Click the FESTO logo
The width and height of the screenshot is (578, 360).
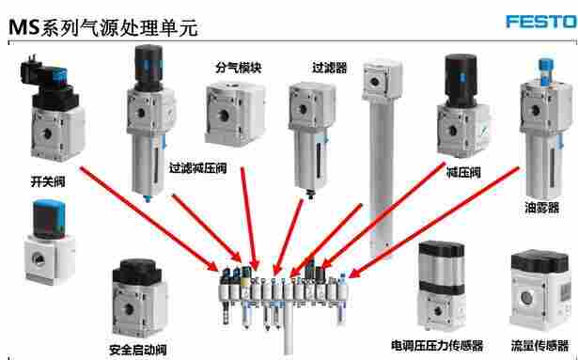[541, 22]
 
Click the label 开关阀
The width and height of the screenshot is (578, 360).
[48, 181]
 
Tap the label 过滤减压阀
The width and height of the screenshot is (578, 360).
[198, 168]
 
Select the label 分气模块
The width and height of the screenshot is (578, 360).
[239, 68]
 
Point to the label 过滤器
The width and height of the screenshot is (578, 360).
[330, 68]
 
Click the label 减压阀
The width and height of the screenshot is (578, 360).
[463, 172]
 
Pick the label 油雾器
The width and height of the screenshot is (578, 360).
[541, 208]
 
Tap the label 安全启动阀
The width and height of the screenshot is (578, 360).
[138, 349]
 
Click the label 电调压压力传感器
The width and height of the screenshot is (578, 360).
[437, 346]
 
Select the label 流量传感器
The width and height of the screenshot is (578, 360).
[539, 346]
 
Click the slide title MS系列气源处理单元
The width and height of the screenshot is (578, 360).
[103, 27]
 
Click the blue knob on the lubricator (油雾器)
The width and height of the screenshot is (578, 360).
[545, 69]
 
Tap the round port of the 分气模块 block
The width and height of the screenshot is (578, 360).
[223, 116]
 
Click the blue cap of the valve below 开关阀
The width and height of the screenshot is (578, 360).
[49, 218]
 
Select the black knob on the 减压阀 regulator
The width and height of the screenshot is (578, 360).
[461, 80]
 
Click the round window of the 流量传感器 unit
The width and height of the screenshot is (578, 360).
[526, 297]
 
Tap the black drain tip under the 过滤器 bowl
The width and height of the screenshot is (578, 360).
[311, 194]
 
